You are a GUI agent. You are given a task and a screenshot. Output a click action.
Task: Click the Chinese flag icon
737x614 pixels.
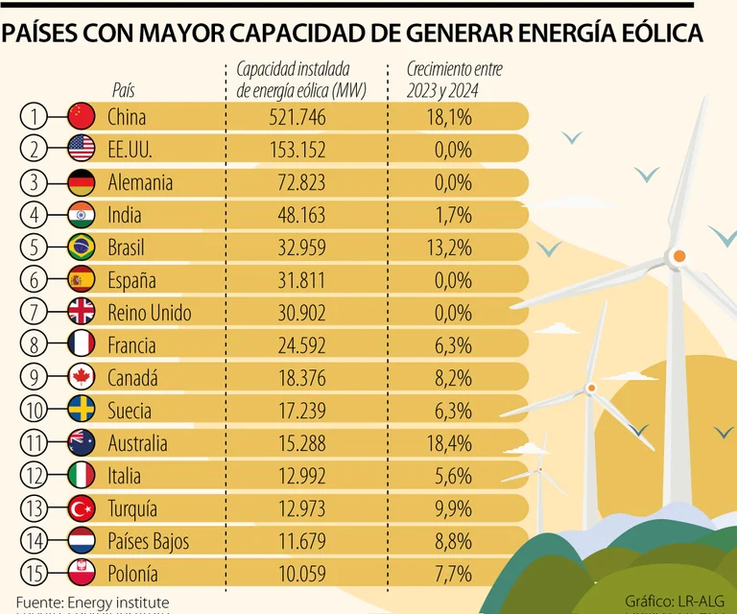(81, 117)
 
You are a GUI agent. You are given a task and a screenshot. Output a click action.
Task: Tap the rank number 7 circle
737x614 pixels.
(34, 312)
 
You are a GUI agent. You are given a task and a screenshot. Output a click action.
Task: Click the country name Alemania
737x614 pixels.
(140, 182)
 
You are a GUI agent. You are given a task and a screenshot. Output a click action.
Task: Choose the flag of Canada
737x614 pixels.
(81, 377)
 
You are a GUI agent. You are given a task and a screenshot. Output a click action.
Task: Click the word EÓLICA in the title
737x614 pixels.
(649, 34)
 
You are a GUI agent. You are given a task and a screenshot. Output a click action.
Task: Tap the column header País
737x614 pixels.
(124, 90)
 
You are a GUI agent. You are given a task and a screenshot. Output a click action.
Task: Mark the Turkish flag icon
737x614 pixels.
(81, 508)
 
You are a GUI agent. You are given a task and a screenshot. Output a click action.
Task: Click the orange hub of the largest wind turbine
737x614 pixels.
(678, 256)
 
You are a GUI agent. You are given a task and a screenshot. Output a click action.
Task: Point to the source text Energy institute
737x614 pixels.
(104, 602)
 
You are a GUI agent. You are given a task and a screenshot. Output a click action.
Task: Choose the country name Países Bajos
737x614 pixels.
(148, 540)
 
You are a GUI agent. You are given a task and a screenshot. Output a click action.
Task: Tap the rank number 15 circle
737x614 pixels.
(34, 573)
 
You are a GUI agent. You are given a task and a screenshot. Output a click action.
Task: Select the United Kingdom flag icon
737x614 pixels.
(81, 312)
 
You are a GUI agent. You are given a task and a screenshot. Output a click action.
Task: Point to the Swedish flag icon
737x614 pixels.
(81, 410)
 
